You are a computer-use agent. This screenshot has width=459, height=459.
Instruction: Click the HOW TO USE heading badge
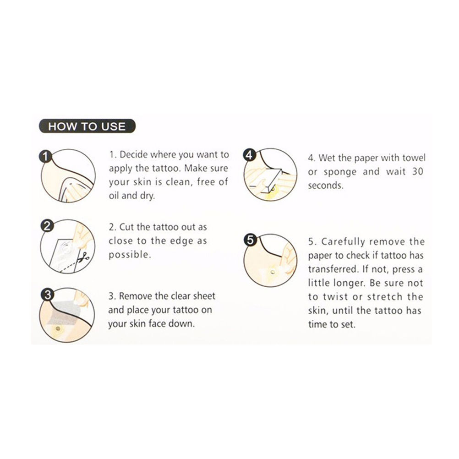[87, 126]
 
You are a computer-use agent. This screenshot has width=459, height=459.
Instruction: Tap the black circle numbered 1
[45, 157]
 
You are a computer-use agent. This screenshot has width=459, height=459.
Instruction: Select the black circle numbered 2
[47, 226]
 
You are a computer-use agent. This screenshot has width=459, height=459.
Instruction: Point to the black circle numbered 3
[48, 295]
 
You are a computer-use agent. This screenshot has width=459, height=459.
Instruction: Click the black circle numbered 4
[249, 155]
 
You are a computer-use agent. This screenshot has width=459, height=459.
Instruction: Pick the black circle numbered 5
[250, 240]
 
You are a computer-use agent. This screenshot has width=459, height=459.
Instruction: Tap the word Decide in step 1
[133, 154]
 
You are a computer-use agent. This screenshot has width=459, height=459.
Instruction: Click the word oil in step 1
[114, 196]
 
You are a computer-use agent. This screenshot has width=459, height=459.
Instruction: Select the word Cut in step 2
[126, 227]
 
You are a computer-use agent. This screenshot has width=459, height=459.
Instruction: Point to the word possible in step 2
[130, 255]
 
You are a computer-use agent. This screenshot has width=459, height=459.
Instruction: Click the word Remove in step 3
[136, 296]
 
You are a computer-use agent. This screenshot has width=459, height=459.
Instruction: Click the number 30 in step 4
[418, 171]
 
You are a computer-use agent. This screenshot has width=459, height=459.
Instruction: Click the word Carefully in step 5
[343, 242]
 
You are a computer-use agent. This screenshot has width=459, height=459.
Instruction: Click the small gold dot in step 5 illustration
[273, 273]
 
